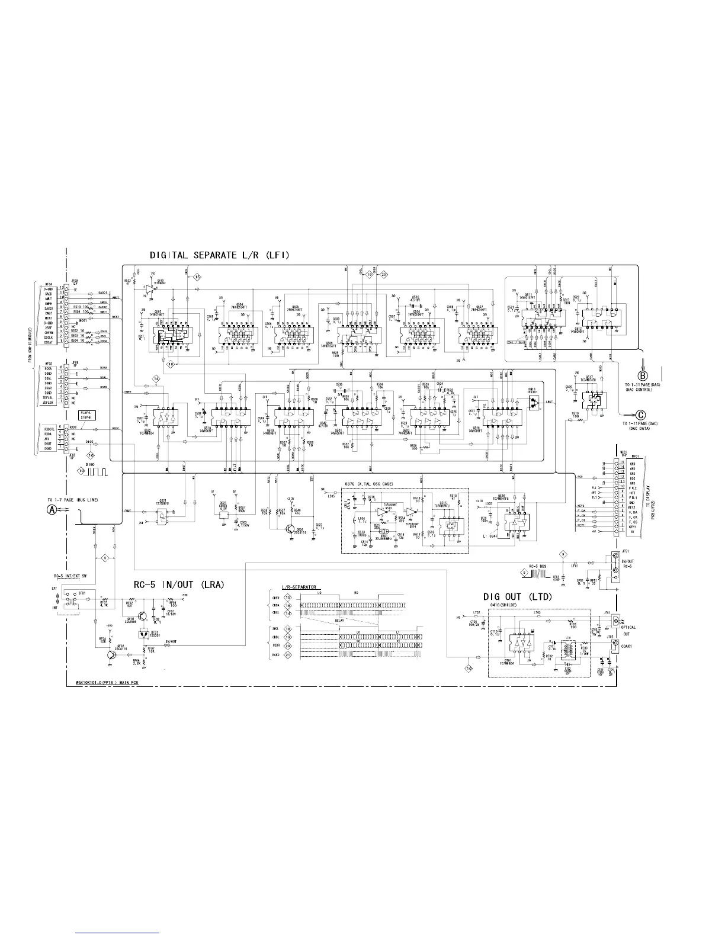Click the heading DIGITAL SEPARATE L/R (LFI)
pos(219,255)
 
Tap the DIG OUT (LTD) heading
pos(517,597)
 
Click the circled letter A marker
pos(53,510)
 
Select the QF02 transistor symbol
pos(111,654)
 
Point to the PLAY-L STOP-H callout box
pos(87,414)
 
